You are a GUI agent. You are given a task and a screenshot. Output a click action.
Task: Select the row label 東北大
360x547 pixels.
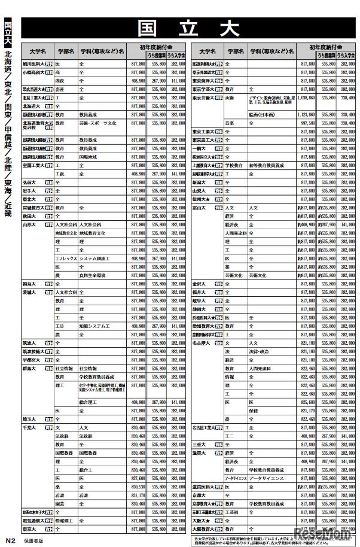point(29,199)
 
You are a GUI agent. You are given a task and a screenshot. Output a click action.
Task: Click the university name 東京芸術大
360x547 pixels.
point(204,97)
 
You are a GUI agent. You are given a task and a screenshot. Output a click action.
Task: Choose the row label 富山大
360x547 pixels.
point(199,208)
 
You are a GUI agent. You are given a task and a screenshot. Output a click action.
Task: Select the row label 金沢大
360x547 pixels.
point(199,284)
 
